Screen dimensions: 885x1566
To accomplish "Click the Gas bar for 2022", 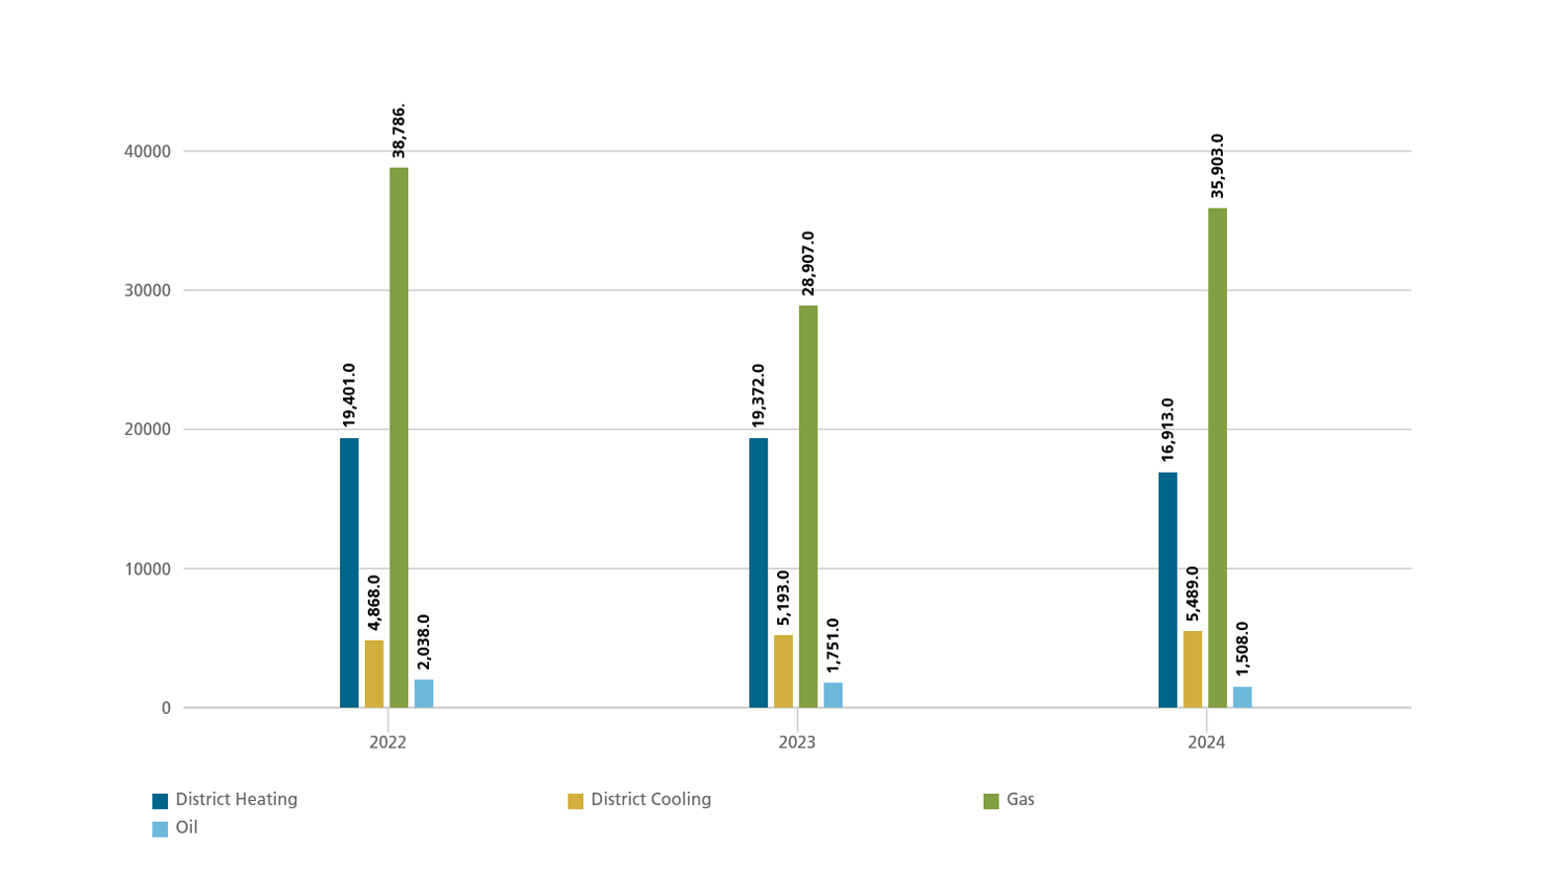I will [x=398, y=437].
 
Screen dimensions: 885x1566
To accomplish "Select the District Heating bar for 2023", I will [x=758, y=573].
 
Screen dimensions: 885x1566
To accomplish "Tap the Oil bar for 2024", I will [x=1242, y=697].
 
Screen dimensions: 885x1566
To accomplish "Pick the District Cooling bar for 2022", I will [x=374, y=673].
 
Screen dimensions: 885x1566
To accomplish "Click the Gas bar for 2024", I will [x=1217, y=458].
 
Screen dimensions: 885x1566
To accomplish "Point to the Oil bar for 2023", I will [x=832, y=695].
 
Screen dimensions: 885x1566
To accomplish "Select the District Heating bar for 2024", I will [x=1168, y=589].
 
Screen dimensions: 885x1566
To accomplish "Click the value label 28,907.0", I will [x=809, y=263].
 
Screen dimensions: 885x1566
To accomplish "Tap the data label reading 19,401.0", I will [x=349, y=396].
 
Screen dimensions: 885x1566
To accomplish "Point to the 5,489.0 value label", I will [x=1192, y=593].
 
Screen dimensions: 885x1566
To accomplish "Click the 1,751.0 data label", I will [x=833, y=646].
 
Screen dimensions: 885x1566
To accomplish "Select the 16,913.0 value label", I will [x=1168, y=430].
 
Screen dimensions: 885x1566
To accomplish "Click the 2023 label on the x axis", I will [x=797, y=743].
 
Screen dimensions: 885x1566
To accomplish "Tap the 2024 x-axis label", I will [x=1206, y=743].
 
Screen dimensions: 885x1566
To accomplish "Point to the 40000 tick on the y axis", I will [x=148, y=151].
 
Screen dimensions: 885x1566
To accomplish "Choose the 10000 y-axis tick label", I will [x=148, y=569].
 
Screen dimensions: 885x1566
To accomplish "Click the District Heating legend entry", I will [x=225, y=800].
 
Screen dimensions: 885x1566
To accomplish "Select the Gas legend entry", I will [x=1009, y=800].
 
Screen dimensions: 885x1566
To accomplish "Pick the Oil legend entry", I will [x=176, y=828].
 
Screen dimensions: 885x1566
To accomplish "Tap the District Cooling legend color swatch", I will [x=575, y=801].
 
